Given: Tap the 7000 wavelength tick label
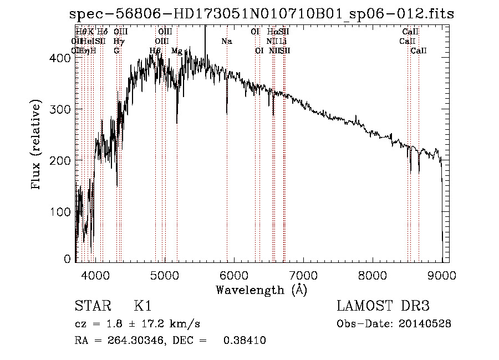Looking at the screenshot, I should [303, 274].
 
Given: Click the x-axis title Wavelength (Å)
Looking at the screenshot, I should [261, 290].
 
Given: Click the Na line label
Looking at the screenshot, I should [227, 42].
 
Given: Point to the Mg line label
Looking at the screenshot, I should [177, 51].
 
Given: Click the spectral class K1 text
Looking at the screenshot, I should [142, 306].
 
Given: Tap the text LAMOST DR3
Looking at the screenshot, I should [383, 306].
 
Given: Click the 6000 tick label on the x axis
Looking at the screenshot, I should [234, 274].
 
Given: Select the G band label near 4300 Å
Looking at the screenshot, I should [117, 51].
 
